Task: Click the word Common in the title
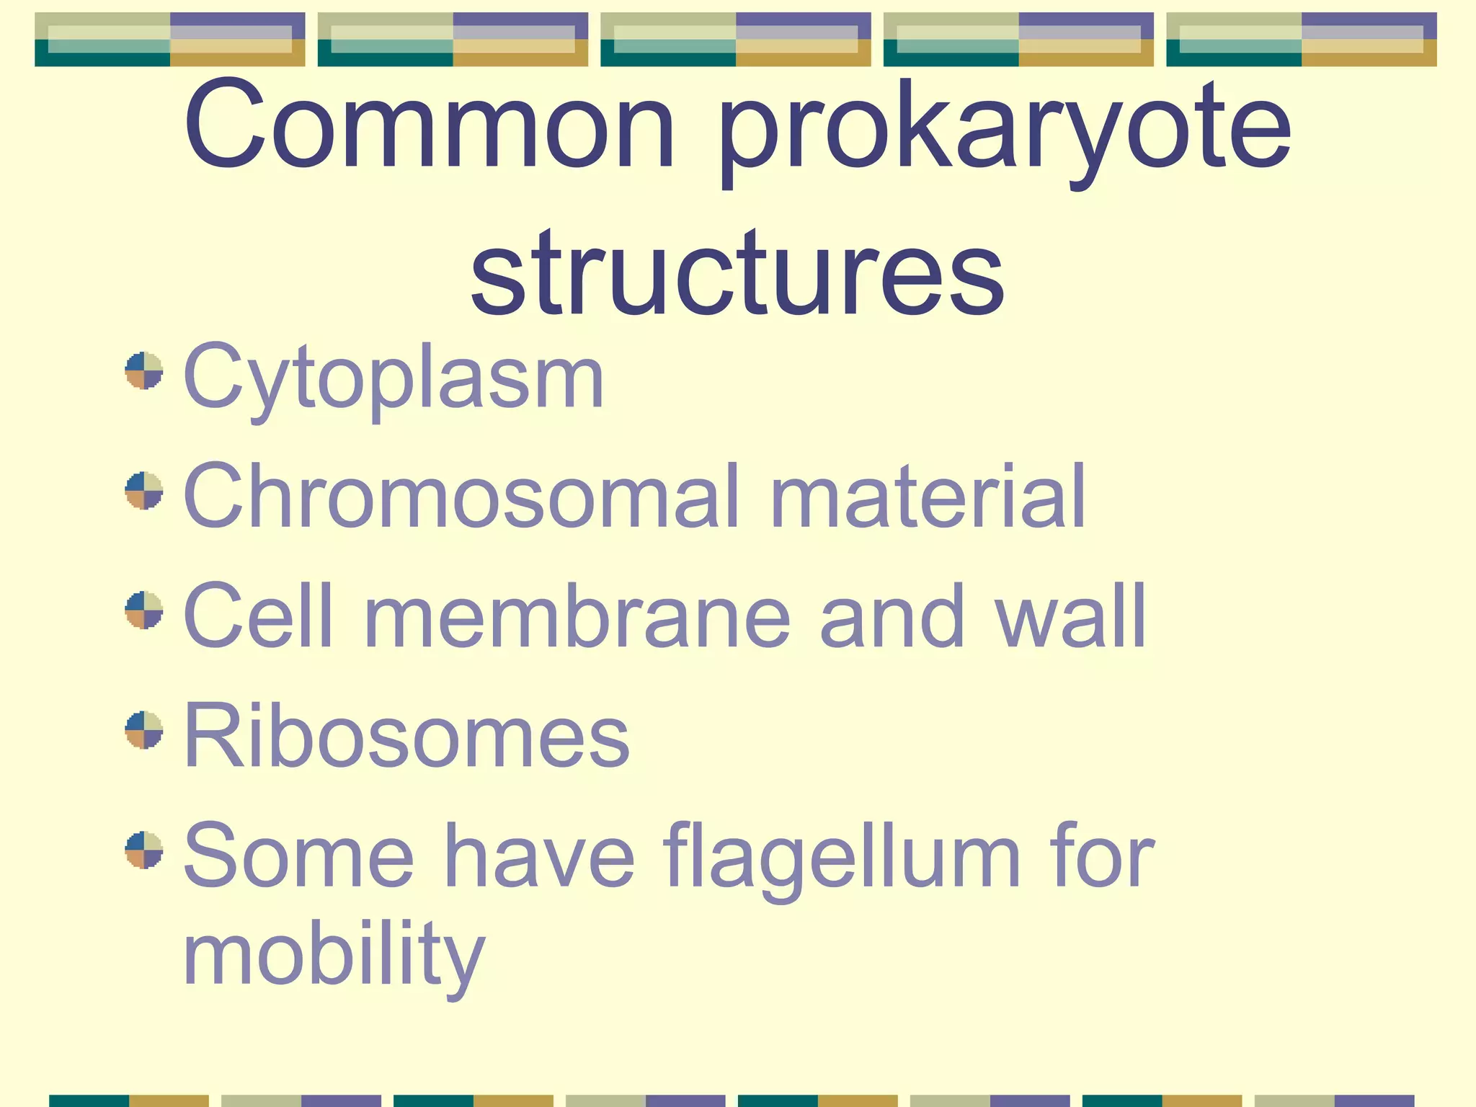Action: (430, 126)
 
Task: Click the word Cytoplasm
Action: (394, 378)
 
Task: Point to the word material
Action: (928, 497)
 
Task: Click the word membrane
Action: (577, 617)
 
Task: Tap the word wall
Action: (1071, 617)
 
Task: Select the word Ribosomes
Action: (406, 737)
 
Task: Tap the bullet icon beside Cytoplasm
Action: (144, 370)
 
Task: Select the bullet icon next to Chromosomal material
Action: (144, 490)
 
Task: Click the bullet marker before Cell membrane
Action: (144, 610)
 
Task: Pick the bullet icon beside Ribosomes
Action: (144, 729)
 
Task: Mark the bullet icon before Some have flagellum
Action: (144, 850)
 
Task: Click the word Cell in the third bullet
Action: (257, 617)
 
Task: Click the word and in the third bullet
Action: (892, 617)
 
